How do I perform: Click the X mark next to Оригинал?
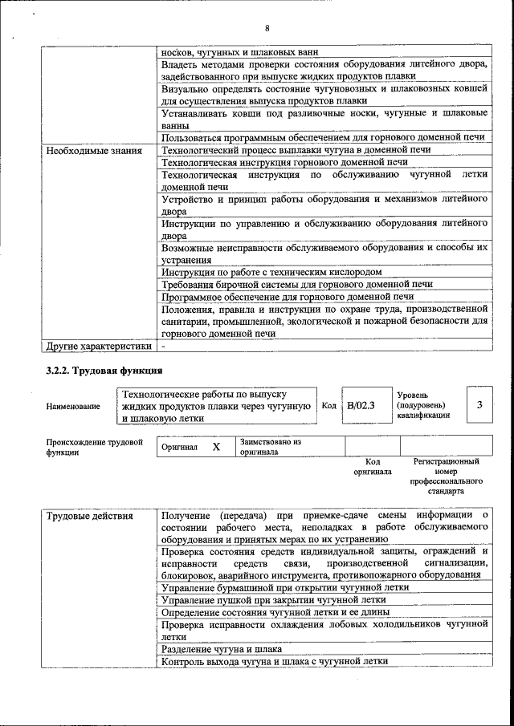click(216, 447)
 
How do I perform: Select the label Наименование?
click(73, 406)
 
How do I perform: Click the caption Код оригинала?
click(372, 467)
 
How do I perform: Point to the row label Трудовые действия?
click(90, 515)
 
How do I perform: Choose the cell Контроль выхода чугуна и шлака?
click(274, 661)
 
